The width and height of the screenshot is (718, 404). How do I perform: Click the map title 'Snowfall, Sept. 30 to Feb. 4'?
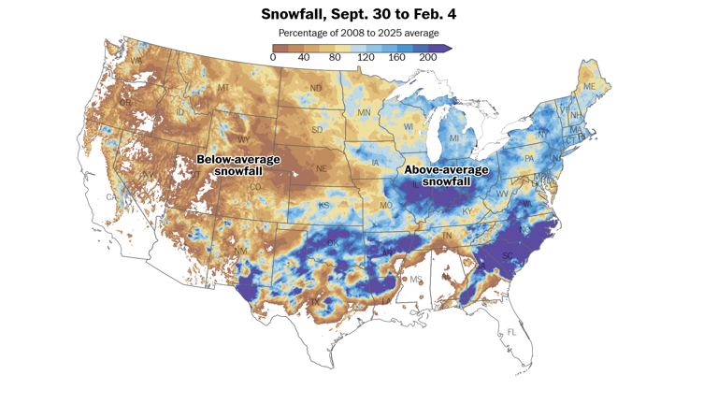click(x=359, y=15)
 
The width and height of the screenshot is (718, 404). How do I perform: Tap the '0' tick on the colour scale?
click(x=273, y=58)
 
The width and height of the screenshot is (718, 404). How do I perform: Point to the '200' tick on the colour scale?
click(x=428, y=58)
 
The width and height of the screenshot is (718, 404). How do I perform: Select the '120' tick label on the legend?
click(x=366, y=58)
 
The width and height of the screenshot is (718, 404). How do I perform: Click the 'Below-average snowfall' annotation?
click(x=237, y=166)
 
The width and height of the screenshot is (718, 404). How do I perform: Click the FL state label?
click(x=511, y=333)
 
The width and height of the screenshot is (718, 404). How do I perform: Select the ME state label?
click(x=589, y=87)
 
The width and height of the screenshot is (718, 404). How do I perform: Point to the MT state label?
click(x=223, y=88)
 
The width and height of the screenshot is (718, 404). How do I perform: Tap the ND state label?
click(x=316, y=90)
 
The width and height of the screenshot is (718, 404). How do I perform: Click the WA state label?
click(x=136, y=62)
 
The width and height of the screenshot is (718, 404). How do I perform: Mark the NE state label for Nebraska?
click(x=321, y=169)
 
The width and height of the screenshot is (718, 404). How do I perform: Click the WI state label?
click(x=408, y=126)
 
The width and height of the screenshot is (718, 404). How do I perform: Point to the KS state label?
click(x=324, y=205)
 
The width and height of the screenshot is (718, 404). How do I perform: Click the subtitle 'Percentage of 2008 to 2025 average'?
click(x=359, y=34)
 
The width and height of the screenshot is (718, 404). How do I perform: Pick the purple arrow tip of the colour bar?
click(x=448, y=48)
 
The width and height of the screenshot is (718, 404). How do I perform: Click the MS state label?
click(x=415, y=280)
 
